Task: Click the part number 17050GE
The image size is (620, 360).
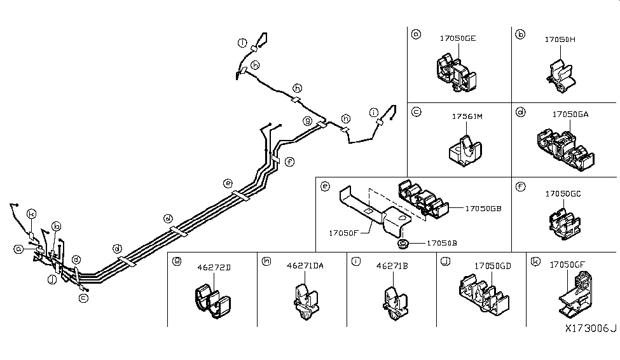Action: [x=457, y=39]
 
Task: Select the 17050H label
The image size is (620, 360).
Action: [x=560, y=39]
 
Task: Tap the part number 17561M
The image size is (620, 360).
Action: [x=467, y=116]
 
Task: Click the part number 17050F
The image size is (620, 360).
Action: [x=345, y=233]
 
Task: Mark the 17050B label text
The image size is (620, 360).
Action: [x=441, y=242]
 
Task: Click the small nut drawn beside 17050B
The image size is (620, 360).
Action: [x=402, y=242]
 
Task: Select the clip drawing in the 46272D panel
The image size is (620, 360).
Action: [x=212, y=301]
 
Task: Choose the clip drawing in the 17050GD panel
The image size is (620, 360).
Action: [x=480, y=293]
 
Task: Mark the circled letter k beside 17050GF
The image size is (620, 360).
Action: [x=536, y=261]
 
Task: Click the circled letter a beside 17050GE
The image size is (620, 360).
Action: [x=416, y=34]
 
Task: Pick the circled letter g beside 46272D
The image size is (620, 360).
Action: [x=177, y=261]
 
